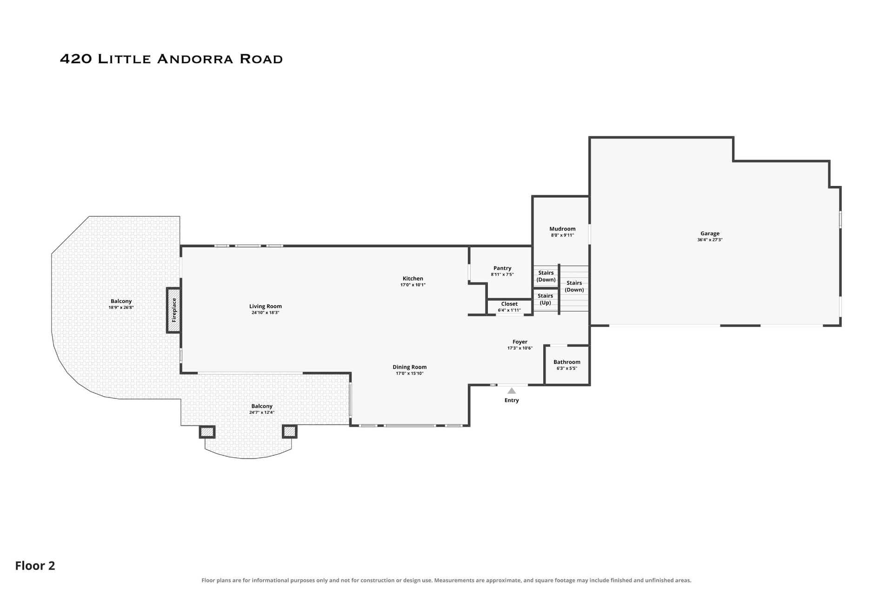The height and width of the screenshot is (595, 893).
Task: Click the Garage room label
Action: (x=710, y=234)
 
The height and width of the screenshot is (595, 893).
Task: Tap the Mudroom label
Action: (x=562, y=229)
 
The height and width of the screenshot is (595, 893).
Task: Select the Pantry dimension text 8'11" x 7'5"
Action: (x=502, y=275)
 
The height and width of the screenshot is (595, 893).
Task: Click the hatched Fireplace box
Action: (x=174, y=310)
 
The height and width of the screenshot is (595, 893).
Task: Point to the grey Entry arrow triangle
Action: (x=512, y=391)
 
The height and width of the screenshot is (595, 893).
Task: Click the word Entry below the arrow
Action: (x=512, y=400)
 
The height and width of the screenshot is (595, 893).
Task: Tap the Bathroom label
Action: (x=567, y=362)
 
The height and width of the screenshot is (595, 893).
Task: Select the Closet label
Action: (x=509, y=304)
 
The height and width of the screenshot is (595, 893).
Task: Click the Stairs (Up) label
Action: (x=546, y=299)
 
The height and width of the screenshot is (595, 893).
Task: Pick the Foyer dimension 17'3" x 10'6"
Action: (x=520, y=348)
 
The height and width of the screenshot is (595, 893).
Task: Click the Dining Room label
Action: (x=410, y=367)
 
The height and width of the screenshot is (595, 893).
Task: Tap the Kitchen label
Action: (x=413, y=279)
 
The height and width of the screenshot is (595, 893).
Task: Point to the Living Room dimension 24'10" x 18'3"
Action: (x=266, y=313)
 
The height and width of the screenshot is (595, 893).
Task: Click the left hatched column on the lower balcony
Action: (x=207, y=432)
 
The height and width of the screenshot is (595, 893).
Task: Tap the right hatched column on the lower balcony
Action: (x=290, y=432)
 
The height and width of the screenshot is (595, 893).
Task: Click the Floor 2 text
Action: (x=35, y=566)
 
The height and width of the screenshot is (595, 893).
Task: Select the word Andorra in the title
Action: (x=195, y=59)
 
